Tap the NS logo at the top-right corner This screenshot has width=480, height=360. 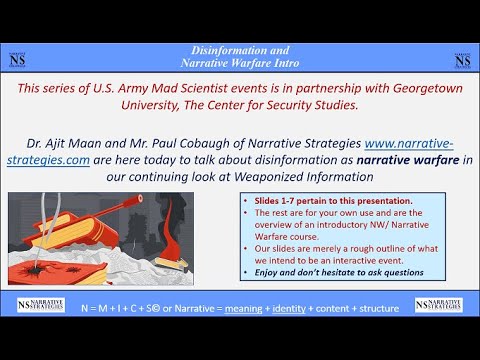[x=461, y=59]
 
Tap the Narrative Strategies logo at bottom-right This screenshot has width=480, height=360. [x=439, y=304]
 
